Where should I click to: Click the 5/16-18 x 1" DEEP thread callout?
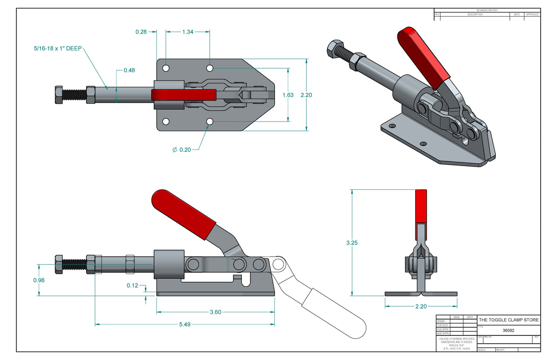coord(58,48)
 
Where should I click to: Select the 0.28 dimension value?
coord(141,32)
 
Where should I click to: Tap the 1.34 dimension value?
coord(188,32)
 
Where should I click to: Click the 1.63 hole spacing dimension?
coord(288,95)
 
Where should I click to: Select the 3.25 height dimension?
coord(352,243)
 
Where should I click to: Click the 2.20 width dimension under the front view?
coord(421,306)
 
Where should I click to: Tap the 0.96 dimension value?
coord(39,280)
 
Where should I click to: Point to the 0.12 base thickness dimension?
coord(132,285)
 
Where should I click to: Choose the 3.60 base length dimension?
coord(215,312)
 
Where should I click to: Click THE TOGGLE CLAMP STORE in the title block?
coord(509,320)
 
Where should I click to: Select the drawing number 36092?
coord(509,331)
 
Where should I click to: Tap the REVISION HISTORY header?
coord(487,10)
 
